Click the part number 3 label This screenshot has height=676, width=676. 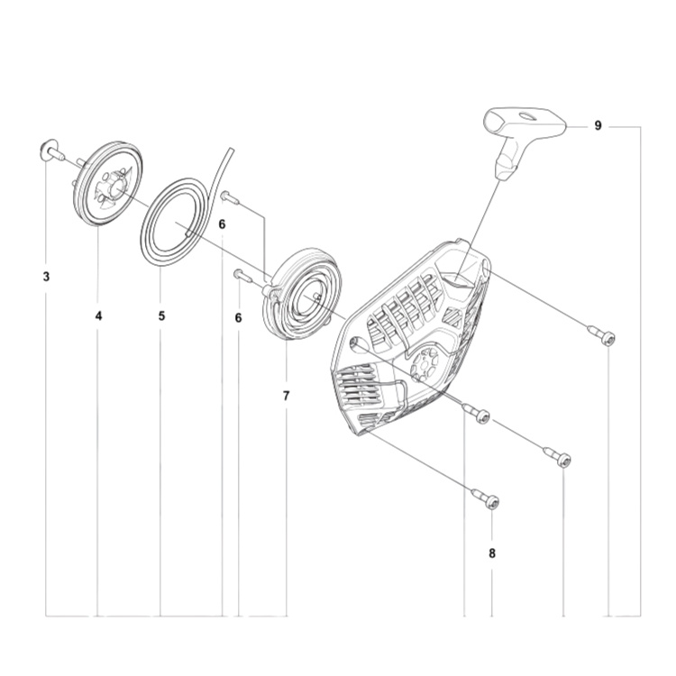46,275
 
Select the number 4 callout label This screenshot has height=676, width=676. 98,315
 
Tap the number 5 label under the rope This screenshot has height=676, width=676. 161,315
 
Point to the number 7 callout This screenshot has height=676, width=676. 286,396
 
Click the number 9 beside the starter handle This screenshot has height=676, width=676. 598,126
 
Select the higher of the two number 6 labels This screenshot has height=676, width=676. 222,224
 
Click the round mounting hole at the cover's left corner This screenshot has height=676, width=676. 354,343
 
